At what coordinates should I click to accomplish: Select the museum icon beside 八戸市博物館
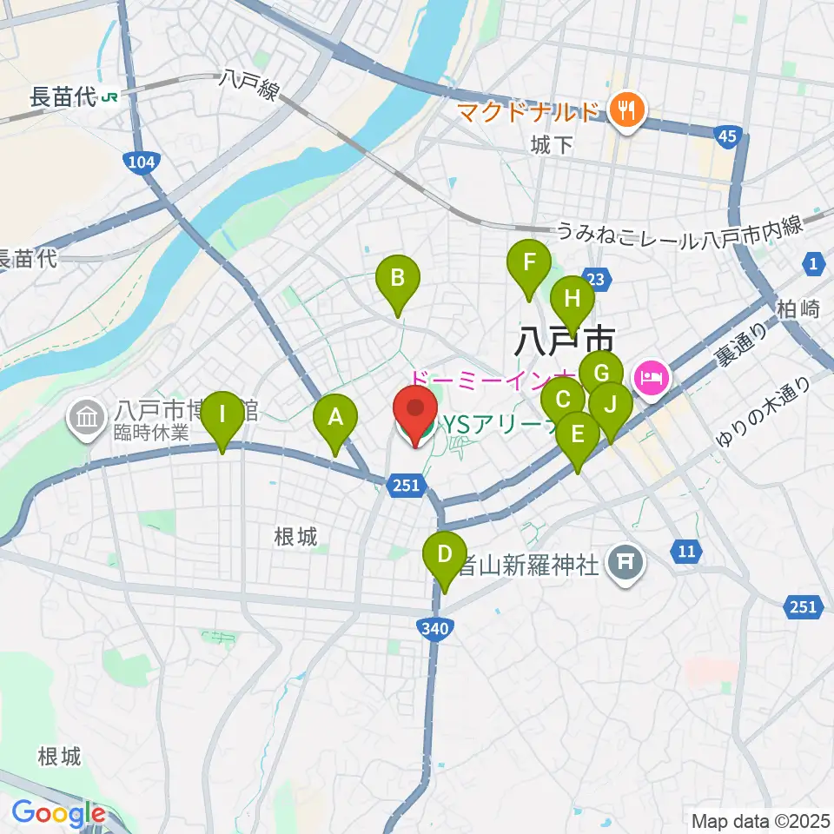[x=87, y=415]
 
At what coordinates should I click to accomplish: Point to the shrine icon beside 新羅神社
[x=625, y=565]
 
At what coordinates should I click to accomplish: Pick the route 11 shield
[x=686, y=549]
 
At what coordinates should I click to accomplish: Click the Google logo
[x=58, y=813]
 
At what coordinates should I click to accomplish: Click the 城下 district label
[x=553, y=144]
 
